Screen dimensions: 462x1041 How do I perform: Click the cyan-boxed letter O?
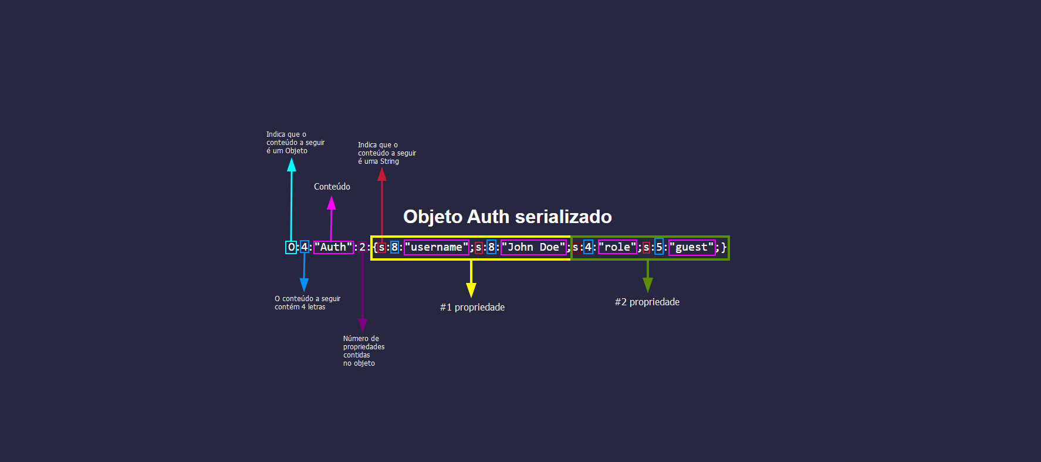click(291, 247)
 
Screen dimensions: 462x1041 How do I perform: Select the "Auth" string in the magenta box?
click(333, 247)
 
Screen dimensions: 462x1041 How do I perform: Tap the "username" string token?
click(437, 247)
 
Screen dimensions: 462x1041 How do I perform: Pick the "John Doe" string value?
click(533, 247)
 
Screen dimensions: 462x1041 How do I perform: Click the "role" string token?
click(617, 247)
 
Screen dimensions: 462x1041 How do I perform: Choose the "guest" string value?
click(692, 247)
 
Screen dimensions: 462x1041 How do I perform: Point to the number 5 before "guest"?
click(659, 247)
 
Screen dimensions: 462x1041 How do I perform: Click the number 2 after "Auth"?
click(362, 247)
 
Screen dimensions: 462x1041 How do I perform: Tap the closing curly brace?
click(724, 247)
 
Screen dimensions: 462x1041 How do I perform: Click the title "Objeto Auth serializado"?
click(507, 217)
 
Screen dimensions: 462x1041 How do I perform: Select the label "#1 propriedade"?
click(472, 307)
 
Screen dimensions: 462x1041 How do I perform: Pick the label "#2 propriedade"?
click(647, 302)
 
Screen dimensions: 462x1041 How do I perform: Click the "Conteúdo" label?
click(332, 187)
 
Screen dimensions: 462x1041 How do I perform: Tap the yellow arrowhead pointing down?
click(471, 290)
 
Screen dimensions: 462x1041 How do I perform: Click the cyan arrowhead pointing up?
click(292, 165)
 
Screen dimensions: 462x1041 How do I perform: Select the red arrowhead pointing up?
click(382, 174)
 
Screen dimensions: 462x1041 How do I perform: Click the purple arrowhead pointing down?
click(363, 325)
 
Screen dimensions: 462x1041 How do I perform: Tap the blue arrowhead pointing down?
click(304, 285)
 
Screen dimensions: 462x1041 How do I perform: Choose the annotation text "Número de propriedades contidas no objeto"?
click(364, 351)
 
